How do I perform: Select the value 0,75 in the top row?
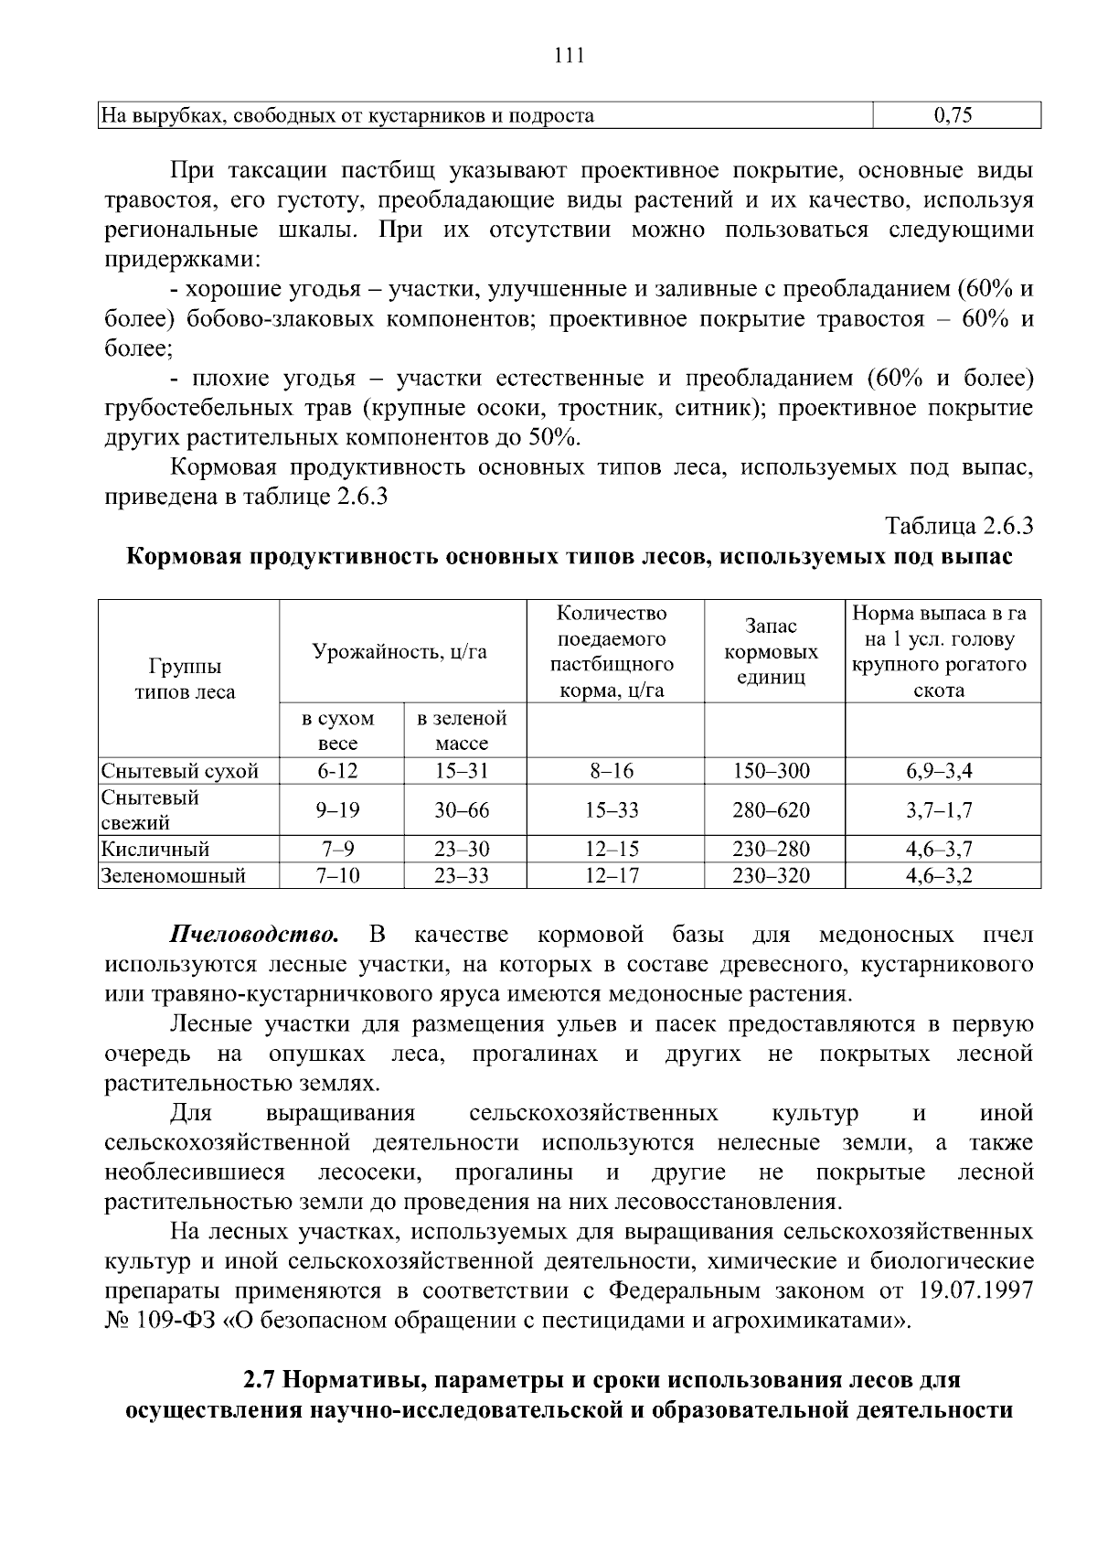pos(955,115)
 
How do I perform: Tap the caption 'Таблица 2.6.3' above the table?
pos(958,527)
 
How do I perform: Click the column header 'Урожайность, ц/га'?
pos(400,651)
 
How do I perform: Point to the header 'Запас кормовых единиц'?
pos(771,651)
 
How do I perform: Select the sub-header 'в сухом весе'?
pos(338,731)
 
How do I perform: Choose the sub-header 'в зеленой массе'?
pos(462,731)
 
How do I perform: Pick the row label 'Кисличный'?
pos(155,849)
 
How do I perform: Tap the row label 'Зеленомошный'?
pos(174,876)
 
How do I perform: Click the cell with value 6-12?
pos(338,771)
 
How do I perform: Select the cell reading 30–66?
pos(462,810)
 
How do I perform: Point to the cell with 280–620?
pos(771,810)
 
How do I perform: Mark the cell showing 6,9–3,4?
pos(939,771)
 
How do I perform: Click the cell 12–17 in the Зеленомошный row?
pos(612,876)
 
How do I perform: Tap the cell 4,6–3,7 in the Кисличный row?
pos(939,849)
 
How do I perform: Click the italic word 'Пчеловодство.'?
pos(255,935)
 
